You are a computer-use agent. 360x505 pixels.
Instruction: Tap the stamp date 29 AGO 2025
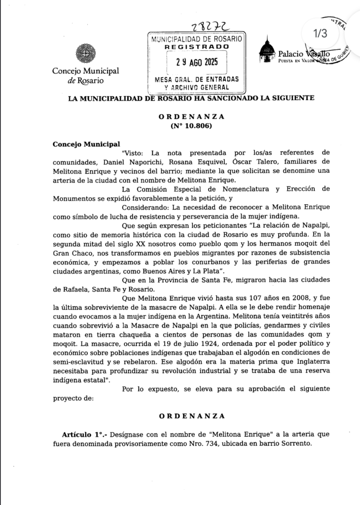point(197,63)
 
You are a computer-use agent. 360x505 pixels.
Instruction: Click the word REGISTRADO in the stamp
point(197,46)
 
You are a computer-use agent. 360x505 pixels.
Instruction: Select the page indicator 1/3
point(320,33)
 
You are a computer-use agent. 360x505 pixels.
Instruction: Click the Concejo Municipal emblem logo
point(82,53)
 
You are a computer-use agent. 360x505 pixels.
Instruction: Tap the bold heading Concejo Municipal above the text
point(86,144)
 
